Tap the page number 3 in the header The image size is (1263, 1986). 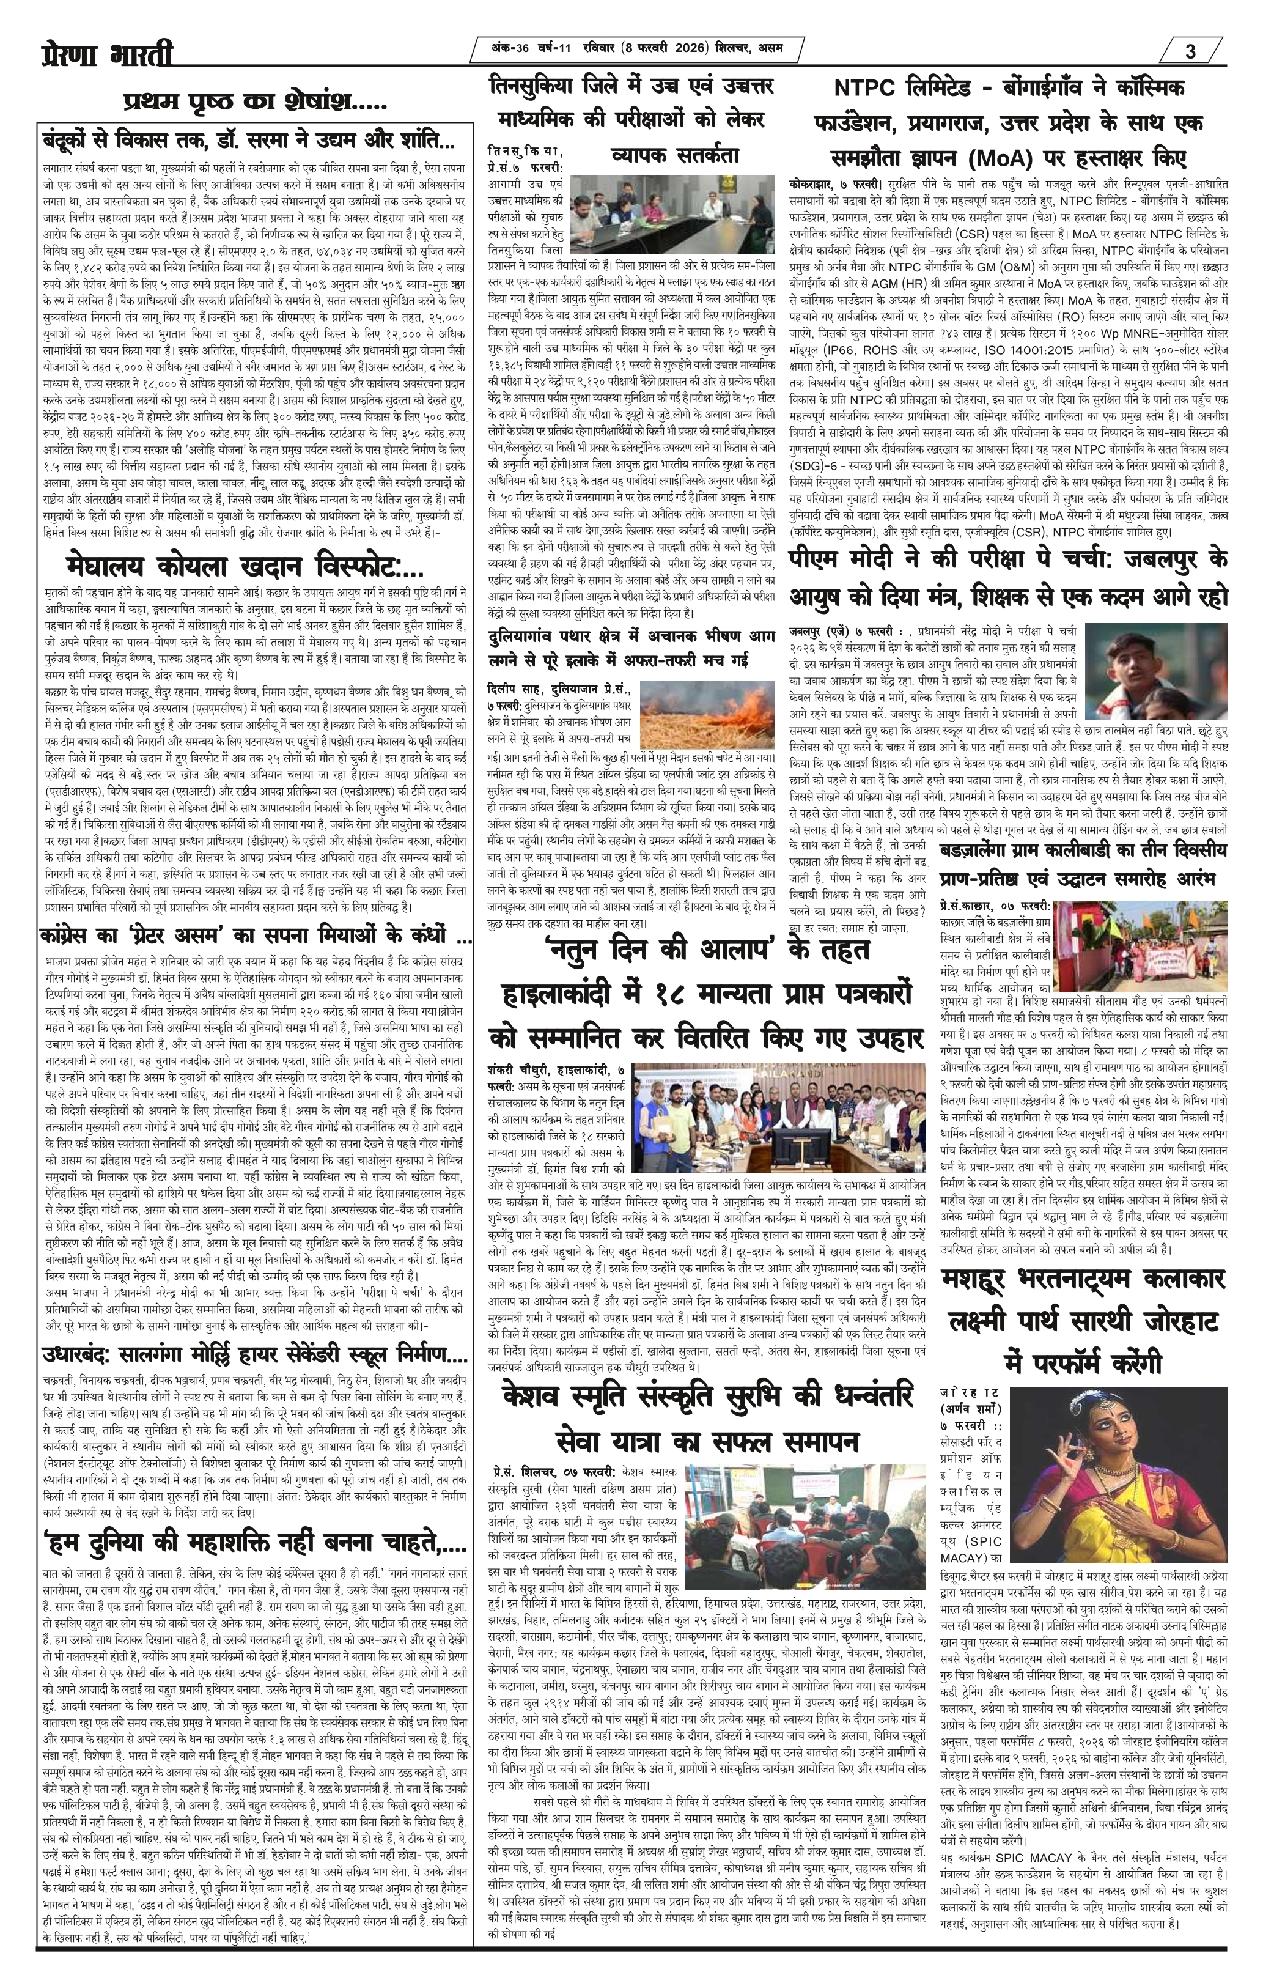[1190, 52]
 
